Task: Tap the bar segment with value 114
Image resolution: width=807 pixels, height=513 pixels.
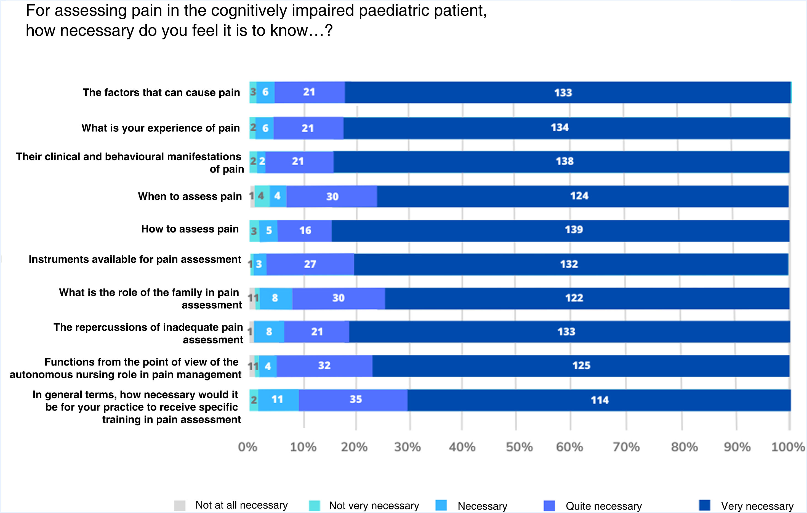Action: (599, 400)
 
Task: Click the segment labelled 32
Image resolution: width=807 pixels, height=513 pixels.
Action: (324, 366)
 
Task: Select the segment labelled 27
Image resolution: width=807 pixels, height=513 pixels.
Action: (310, 264)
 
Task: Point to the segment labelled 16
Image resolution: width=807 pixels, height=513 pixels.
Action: (305, 231)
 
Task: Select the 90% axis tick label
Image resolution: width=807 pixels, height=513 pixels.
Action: (737, 447)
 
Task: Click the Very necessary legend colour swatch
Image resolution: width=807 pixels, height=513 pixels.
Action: (704, 505)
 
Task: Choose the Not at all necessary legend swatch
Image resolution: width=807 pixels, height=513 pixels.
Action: (180, 505)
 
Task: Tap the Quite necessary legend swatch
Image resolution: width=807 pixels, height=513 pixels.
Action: (549, 505)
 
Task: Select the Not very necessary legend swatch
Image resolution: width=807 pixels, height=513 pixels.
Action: (314, 505)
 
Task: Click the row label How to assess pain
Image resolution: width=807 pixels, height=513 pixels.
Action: (190, 229)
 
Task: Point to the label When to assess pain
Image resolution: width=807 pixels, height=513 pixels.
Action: (190, 196)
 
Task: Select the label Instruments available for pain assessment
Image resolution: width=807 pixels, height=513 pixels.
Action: (135, 260)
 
